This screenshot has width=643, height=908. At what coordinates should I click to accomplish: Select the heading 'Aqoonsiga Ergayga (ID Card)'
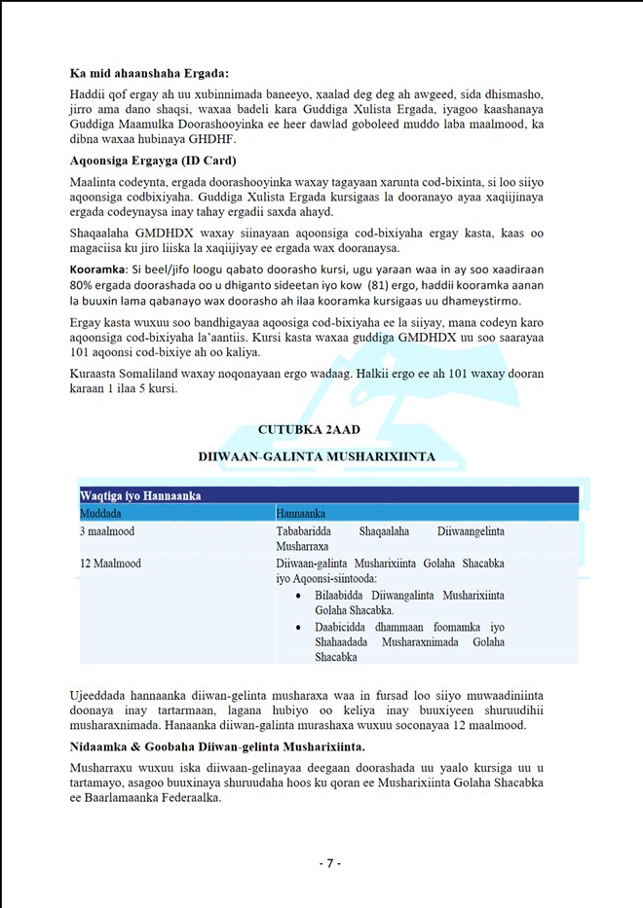tap(154, 160)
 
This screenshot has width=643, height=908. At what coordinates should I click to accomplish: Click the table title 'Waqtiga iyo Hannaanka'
tap(140, 495)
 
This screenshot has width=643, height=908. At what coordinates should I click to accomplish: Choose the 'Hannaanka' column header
tap(301, 512)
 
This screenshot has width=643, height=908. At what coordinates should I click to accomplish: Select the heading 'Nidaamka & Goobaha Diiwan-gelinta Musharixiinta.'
tap(216, 746)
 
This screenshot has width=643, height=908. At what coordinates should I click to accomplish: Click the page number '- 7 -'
tap(329, 863)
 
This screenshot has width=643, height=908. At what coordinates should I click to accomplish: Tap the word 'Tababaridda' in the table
tap(309, 531)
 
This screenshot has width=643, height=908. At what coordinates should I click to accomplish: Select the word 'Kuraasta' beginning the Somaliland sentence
tap(95, 373)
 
